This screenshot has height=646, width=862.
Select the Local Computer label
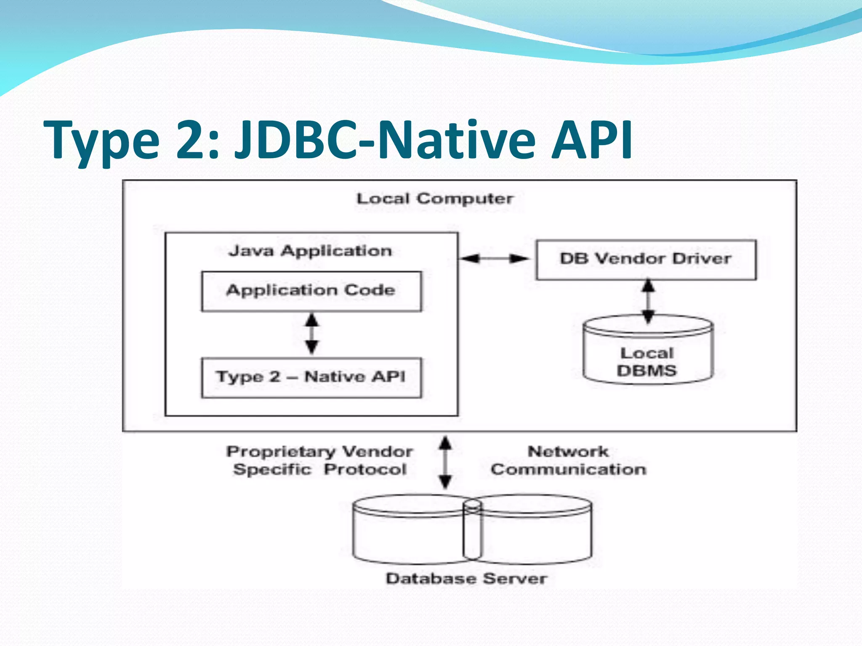tap(435, 199)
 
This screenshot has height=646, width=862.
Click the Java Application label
tap(310, 251)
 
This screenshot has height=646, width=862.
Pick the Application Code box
tap(311, 291)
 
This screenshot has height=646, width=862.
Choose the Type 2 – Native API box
tap(311, 377)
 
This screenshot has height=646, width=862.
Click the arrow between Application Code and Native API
tap(311, 334)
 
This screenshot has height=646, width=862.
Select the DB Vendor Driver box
tap(646, 259)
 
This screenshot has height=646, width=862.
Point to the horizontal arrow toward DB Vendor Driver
tap(495, 258)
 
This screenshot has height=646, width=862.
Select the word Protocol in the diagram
tap(365, 469)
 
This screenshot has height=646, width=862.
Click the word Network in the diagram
tap(568, 452)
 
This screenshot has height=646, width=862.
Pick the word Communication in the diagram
tap(568, 469)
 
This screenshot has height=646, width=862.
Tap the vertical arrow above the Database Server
tap(445, 462)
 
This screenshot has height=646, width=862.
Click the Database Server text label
tap(466, 579)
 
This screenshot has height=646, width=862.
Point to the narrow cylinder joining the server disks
tap(472, 530)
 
